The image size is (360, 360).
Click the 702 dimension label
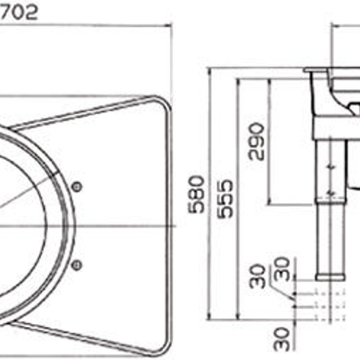click(x=19, y=13)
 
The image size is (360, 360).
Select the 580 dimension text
click(x=196, y=194)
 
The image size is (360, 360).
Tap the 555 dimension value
click(x=225, y=199)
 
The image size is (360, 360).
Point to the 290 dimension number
click(x=256, y=141)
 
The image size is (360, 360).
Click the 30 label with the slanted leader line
click(x=257, y=276)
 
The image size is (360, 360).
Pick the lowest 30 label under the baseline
click(x=282, y=339)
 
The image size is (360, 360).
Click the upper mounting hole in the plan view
click(x=77, y=187)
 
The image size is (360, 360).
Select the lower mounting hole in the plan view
click(x=76, y=265)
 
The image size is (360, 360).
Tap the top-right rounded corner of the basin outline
click(x=164, y=103)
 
